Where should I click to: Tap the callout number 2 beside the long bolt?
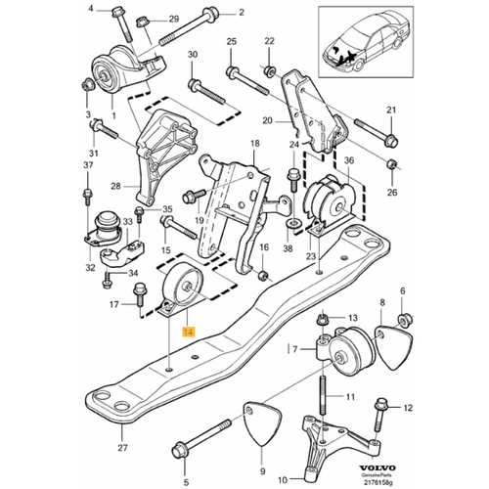[243, 15]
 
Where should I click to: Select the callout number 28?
[114, 186]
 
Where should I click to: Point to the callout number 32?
[91, 266]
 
